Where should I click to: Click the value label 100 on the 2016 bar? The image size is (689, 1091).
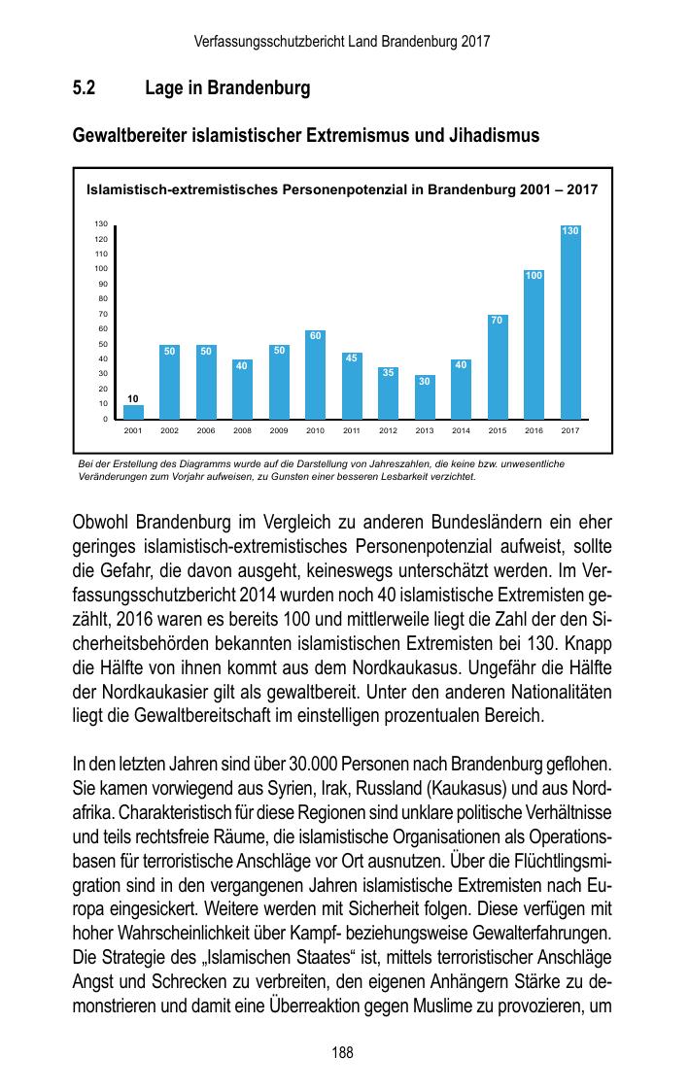(534, 276)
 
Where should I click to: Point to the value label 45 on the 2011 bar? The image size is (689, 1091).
(352, 358)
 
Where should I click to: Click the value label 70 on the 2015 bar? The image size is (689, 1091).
(498, 320)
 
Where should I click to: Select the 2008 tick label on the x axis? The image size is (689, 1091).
(242, 429)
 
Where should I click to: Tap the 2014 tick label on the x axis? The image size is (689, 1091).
(461, 429)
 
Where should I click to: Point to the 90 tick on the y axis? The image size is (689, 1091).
(101, 284)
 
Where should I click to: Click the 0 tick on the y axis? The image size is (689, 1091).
(104, 419)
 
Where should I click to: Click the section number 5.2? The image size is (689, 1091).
(84, 89)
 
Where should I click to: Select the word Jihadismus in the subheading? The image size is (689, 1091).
(491, 136)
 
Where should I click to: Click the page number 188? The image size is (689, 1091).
(343, 1052)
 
